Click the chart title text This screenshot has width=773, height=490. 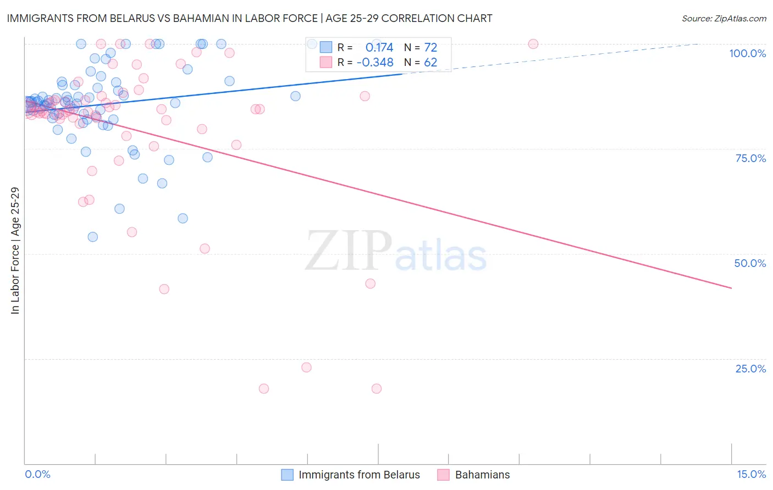click(249, 18)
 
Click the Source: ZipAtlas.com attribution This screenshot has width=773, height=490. click(724, 19)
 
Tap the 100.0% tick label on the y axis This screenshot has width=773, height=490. click(747, 53)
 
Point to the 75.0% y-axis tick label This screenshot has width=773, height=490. click(750, 158)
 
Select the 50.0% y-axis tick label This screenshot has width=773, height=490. click(750, 263)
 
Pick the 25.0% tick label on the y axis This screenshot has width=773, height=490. click(750, 369)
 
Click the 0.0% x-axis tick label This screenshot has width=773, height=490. click(37, 474)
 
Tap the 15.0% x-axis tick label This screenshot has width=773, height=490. click(751, 474)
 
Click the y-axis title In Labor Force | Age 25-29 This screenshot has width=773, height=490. click(15, 250)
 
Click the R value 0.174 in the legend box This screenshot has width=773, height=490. click(379, 48)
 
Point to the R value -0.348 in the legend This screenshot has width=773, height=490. click(375, 63)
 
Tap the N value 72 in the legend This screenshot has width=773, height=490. click(430, 48)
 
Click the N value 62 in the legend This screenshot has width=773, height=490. click(430, 63)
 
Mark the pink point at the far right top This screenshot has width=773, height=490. click(533, 44)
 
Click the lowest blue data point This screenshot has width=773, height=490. click(93, 237)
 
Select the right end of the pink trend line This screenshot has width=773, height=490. click(731, 288)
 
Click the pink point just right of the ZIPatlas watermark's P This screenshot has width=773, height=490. click(370, 283)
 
